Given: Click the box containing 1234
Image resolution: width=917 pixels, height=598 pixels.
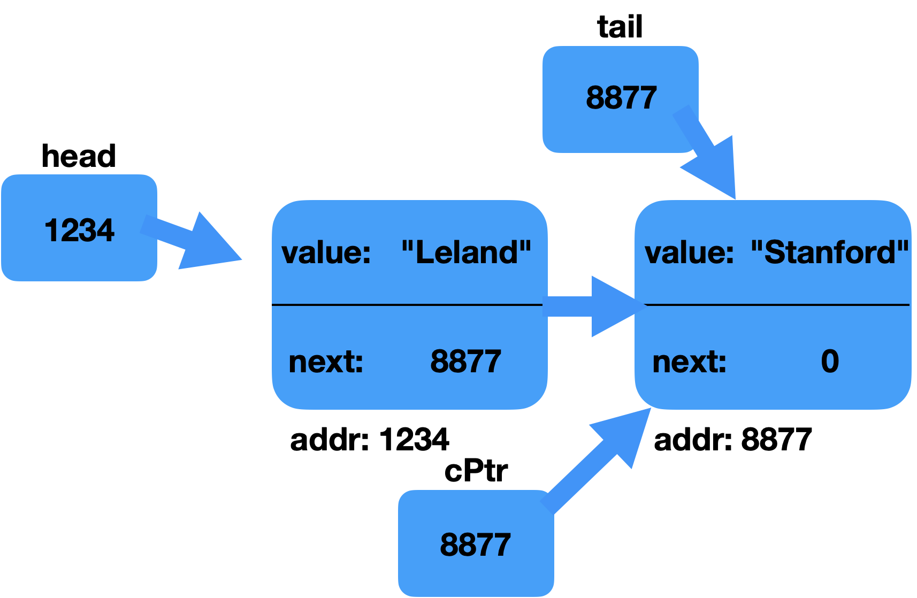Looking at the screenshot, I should pos(32,257).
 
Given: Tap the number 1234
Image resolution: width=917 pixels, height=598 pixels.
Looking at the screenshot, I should pos(79,231).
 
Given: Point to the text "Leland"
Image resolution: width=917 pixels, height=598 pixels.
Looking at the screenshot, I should pos(466,252).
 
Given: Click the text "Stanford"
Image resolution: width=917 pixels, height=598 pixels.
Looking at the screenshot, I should pos(830,252).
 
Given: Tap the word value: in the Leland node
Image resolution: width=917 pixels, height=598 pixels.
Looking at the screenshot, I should pos(326,252).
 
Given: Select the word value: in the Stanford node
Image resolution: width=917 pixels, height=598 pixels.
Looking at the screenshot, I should pos(689,252).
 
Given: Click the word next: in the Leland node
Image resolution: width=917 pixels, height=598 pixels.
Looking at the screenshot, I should pos(326,362).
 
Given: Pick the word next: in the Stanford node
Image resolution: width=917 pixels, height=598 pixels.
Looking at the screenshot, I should pos(689,362).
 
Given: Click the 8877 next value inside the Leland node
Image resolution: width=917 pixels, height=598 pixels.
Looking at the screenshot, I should pos(465,361).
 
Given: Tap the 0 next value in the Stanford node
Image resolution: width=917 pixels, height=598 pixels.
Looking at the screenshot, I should pos(830,361).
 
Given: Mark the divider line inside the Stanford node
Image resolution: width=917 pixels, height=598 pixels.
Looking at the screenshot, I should pos(776,305).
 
